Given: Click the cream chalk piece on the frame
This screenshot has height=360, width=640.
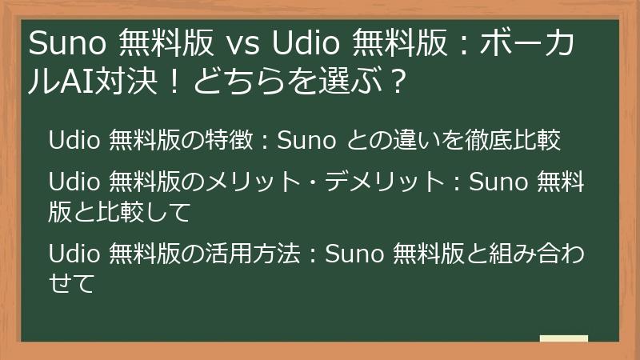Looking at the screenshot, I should (x=564, y=338).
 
